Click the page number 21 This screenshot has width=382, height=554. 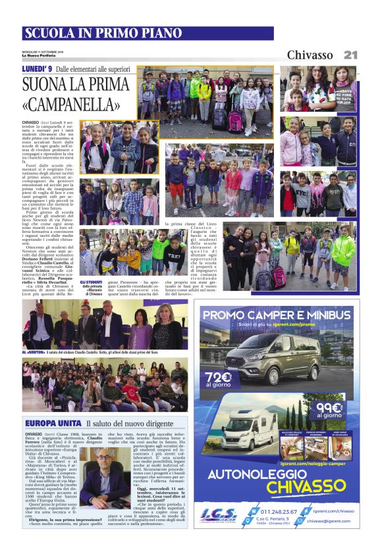350,55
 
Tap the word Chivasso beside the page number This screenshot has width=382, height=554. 310,55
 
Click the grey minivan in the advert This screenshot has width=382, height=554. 270,359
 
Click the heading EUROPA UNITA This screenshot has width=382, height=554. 53,422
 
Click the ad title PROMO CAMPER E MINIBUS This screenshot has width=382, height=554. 277,316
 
